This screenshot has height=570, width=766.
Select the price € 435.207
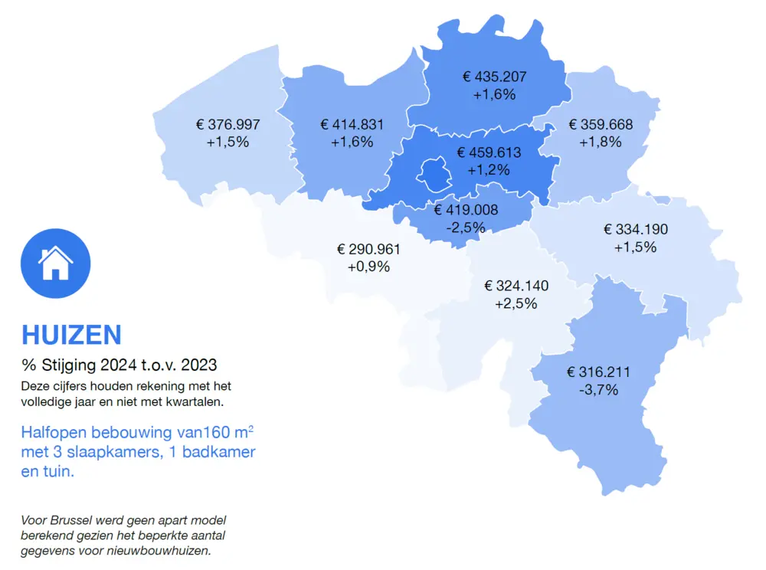(x=494, y=77)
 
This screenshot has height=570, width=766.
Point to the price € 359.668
(x=601, y=124)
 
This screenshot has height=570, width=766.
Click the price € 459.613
(x=489, y=152)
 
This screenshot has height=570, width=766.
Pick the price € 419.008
(x=466, y=210)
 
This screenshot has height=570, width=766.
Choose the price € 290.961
(x=368, y=250)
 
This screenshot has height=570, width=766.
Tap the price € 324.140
(x=516, y=286)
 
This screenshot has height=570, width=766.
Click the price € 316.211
(x=598, y=372)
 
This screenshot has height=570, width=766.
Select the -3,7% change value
(x=599, y=390)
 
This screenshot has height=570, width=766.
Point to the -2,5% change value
(x=466, y=228)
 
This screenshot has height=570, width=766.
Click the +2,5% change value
(x=516, y=303)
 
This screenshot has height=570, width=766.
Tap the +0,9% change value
(x=368, y=267)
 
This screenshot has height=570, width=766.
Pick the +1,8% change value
(x=601, y=142)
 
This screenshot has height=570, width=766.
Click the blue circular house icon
(x=55, y=263)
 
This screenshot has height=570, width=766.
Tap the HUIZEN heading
(x=71, y=335)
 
